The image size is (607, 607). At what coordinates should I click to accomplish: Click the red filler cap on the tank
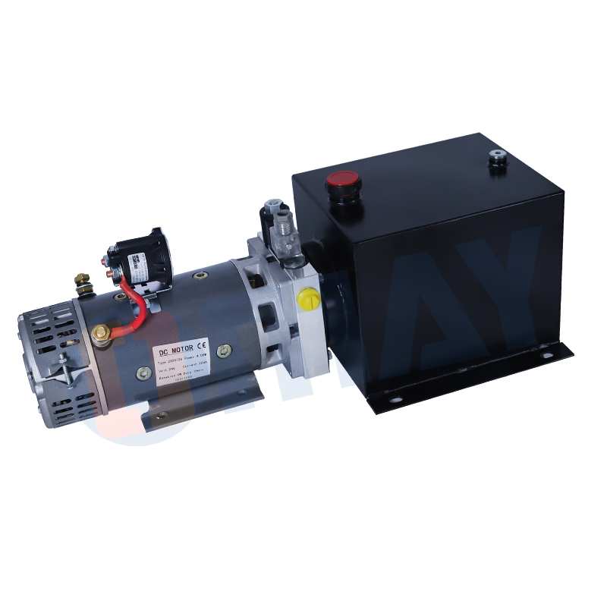click(342, 181)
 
